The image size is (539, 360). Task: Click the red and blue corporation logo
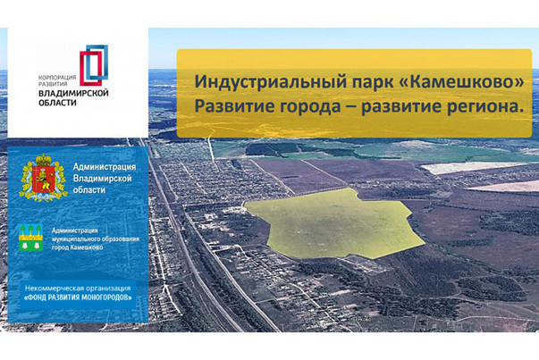point(94,65)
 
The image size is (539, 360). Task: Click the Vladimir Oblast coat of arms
point(43,178)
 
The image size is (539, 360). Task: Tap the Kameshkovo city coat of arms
point(30,238)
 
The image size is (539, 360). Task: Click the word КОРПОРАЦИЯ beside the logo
point(57,78)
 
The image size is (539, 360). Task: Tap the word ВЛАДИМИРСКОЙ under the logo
point(73,94)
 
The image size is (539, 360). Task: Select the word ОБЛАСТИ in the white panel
point(57,103)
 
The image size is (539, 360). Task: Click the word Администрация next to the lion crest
point(105,167)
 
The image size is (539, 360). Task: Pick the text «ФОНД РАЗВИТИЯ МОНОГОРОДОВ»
point(78,297)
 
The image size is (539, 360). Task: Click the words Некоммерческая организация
point(78,289)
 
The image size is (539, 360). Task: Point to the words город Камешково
point(78,247)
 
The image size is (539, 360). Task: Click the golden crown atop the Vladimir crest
point(43,160)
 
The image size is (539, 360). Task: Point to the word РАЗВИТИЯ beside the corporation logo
point(53,84)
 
